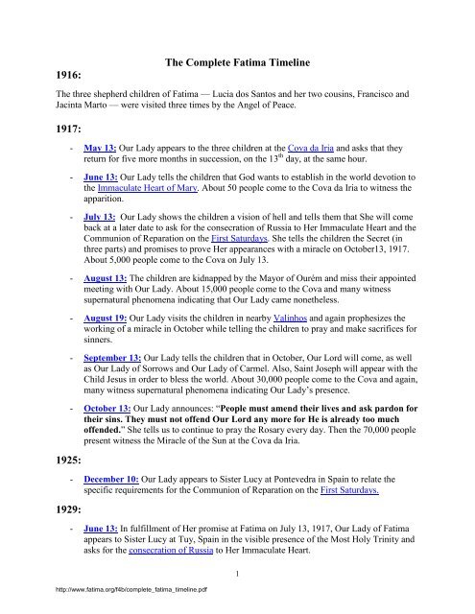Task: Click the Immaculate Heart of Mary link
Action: [x=140, y=222]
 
